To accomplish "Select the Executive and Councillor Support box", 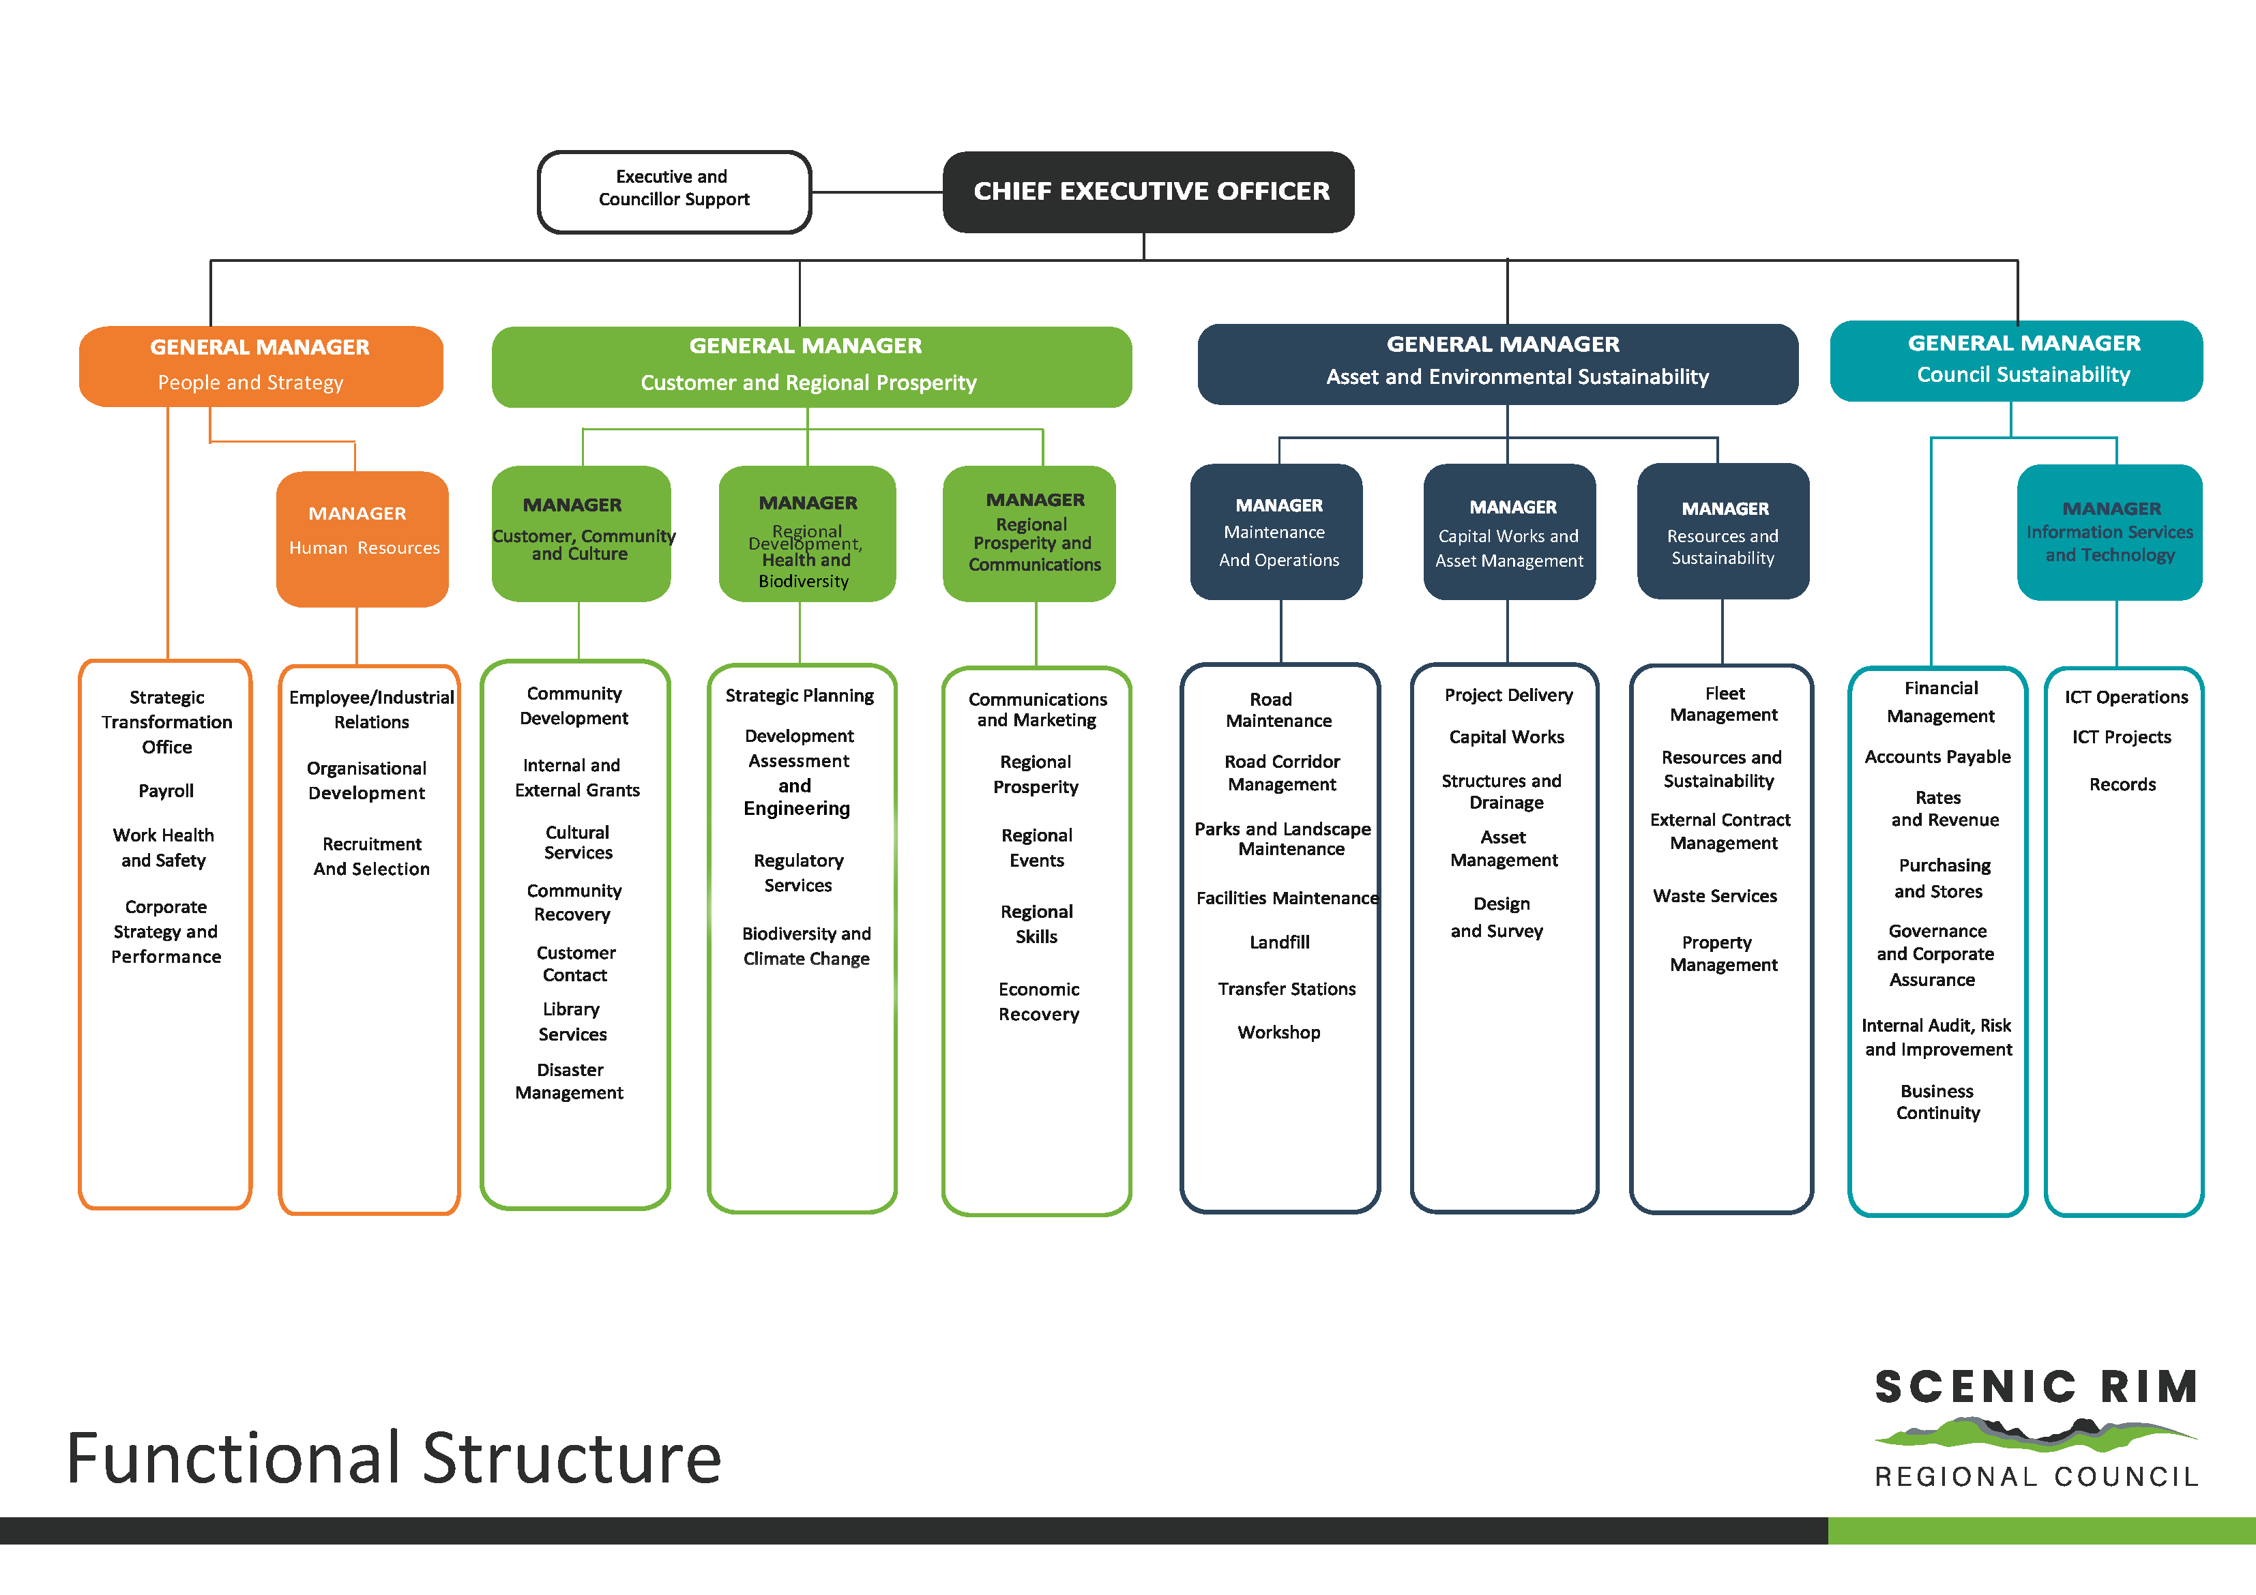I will point(674,192).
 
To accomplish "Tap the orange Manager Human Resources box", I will point(362,538).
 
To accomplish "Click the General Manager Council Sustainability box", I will point(2017,361).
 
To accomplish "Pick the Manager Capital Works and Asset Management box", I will point(1509,533).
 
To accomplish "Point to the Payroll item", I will point(166,790).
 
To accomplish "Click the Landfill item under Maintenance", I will point(1279,942).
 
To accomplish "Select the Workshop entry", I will point(1278,1032).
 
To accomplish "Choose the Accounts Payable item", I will point(1937,757).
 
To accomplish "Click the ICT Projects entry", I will point(2122,736).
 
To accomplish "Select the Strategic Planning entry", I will point(799,696).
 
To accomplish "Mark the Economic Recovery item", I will point(1038,1002).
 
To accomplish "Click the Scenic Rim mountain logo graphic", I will point(2035,1436).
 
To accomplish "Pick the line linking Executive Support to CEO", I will point(877,192).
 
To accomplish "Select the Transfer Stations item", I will point(1286,989).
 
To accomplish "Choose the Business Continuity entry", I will point(1937,1102).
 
